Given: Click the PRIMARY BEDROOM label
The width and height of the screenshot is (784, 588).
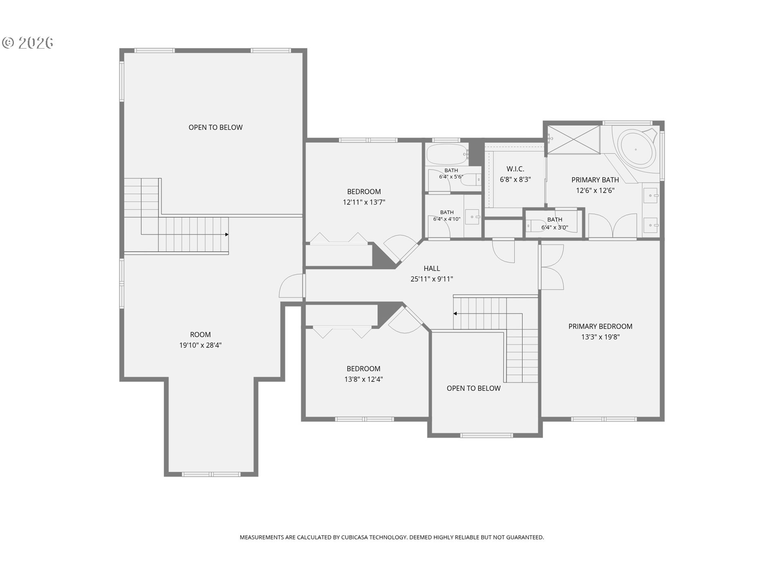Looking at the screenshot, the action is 600,326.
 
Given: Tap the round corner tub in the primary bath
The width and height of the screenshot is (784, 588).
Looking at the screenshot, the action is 636,149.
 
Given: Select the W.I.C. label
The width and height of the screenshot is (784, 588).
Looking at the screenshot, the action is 515,169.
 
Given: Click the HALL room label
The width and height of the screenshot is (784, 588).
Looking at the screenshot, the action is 432,268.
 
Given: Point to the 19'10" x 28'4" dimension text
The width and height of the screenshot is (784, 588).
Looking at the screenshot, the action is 200,345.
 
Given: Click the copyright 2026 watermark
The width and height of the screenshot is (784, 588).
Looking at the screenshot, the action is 28,42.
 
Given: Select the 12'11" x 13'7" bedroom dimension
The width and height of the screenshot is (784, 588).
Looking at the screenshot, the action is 364,202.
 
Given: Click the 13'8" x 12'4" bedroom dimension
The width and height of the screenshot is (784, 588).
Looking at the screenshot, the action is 363,379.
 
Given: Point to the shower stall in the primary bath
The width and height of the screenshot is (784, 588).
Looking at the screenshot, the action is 574,140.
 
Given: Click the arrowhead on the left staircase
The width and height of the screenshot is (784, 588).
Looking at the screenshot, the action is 227,234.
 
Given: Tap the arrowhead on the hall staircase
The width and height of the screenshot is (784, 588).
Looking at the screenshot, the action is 455,314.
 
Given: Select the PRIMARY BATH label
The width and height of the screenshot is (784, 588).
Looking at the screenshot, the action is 595,180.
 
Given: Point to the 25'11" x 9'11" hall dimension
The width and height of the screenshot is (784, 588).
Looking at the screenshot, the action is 432,279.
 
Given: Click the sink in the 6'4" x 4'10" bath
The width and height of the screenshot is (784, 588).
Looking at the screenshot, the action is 473,216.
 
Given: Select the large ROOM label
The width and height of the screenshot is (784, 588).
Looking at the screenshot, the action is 200,334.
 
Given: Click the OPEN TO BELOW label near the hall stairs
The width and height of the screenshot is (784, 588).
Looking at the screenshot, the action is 474,388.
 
